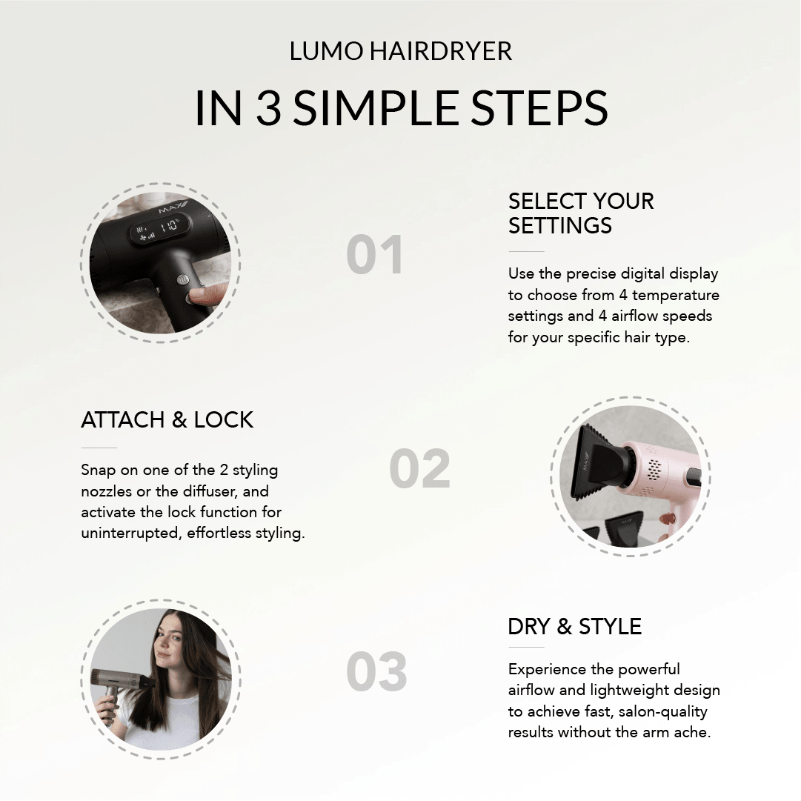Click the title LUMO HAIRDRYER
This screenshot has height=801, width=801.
[400, 51]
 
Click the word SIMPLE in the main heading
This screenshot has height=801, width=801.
[376, 107]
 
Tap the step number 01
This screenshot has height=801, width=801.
[376, 255]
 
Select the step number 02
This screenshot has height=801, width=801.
[419, 468]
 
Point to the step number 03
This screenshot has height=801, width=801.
[376, 671]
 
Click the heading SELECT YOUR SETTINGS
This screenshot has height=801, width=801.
[581, 213]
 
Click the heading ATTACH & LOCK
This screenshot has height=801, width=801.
[167, 420]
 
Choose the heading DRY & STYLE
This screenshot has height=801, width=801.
[575, 627]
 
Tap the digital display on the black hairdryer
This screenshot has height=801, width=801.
[160, 228]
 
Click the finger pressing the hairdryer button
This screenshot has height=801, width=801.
[210, 294]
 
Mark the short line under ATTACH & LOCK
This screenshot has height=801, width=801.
[99, 448]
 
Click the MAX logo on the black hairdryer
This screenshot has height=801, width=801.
[173, 207]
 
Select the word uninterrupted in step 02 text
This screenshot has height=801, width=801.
[130, 534]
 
